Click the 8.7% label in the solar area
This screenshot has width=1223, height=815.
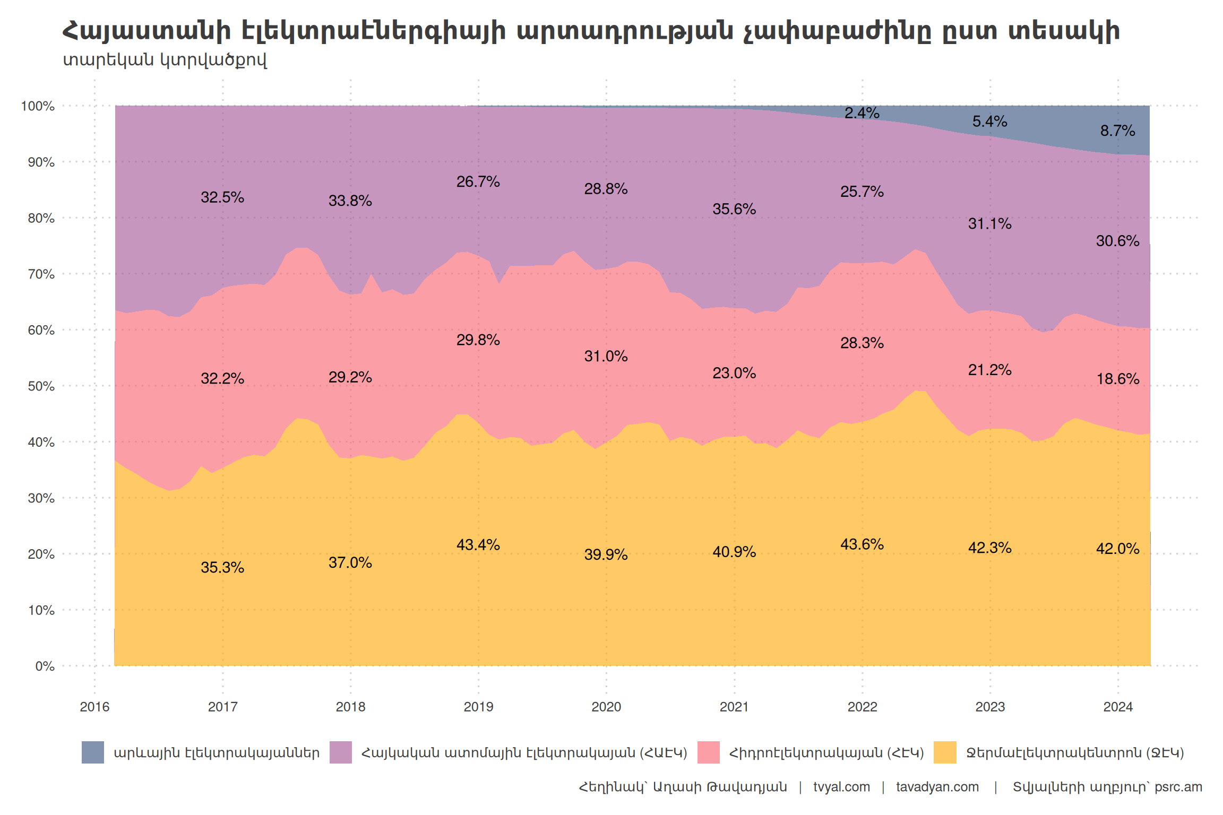click(x=1117, y=131)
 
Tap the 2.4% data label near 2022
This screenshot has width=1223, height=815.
click(x=862, y=113)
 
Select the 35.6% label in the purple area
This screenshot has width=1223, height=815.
click(x=734, y=209)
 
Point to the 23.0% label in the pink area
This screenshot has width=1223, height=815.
click(x=734, y=373)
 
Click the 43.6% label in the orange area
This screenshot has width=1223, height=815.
click(x=862, y=544)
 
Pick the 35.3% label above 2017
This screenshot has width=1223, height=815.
click(x=222, y=568)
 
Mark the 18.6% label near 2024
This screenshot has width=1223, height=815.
click(x=1118, y=379)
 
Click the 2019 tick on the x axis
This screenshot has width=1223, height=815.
click(x=478, y=707)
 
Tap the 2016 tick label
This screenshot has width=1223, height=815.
click(x=94, y=707)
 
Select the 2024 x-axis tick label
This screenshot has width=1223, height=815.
click(x=1118, y=707)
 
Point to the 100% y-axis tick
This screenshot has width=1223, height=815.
click(x=38, y=106)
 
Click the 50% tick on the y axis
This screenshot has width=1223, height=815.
click(x=41, y=386)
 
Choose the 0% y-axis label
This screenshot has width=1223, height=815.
click(x=45, y=666)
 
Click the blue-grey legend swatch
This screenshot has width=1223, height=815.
click(x=93, y=752)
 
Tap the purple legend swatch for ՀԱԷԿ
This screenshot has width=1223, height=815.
click(x=341, y=752)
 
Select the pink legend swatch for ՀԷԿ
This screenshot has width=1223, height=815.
click(x=709, y=752)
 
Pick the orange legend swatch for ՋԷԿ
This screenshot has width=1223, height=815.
click(x=945, y=752)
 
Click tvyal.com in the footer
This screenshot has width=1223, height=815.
click(x=841, y=787)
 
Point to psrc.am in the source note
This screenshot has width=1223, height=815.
click(x=1178, y=787)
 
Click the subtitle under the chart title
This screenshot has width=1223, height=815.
click(x=165, y=60)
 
